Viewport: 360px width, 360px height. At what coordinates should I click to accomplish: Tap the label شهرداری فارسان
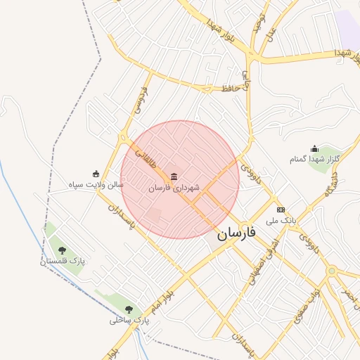(174, 188)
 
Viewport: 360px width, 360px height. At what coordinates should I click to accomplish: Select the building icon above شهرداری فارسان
(174, 175)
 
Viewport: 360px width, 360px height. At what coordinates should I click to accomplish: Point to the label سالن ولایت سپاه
(96, 185)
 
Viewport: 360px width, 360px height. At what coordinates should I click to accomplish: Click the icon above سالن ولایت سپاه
(96, 174)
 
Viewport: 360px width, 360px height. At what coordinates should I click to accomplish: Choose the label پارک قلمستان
(62, 261)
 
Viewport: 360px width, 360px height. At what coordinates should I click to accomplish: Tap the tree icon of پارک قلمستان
(62, 250)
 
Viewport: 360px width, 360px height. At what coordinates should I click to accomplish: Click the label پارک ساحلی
(129, 320)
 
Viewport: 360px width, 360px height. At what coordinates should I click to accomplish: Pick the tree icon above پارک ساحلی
(129, 309)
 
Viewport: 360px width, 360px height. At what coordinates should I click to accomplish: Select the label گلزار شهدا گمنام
(314, 160)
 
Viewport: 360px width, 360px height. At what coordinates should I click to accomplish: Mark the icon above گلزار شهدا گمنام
(314, 148)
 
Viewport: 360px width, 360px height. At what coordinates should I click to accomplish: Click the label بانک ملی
(281, 221)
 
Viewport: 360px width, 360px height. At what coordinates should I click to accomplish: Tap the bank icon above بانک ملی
(281, 210)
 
